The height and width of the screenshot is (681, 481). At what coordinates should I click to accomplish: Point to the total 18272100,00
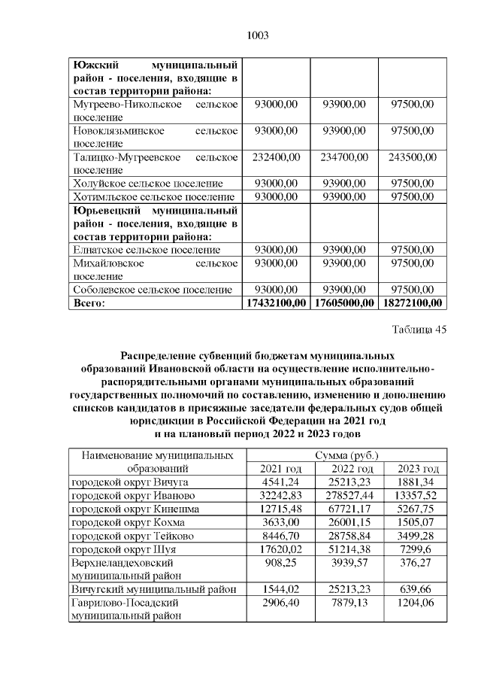tap(413, 302)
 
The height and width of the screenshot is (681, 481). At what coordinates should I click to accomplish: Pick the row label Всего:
tap(89, 302)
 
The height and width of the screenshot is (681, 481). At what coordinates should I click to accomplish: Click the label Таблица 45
tap(419, 330)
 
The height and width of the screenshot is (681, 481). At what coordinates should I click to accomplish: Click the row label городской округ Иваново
tap(133, 495)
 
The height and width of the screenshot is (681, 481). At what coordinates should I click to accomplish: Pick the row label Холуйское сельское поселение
tap(147, 183)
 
